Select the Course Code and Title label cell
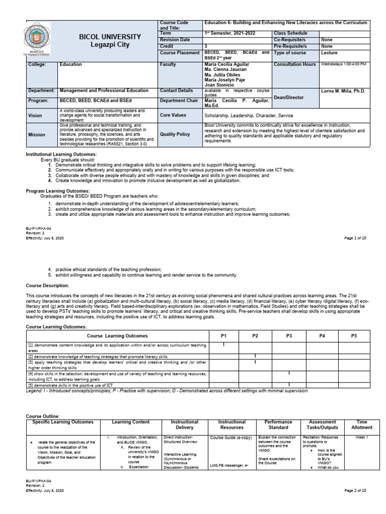coord(174,26)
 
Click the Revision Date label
coord(175,39)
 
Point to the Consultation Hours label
coord(295,65)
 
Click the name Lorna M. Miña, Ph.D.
coord(344,91)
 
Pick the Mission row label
coord(37,135)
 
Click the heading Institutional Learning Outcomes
coord(61,154)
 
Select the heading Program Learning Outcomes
coord(58,191)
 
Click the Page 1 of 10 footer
coord(355,238)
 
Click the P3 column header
coord(288,335)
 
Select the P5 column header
coord(354,335)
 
